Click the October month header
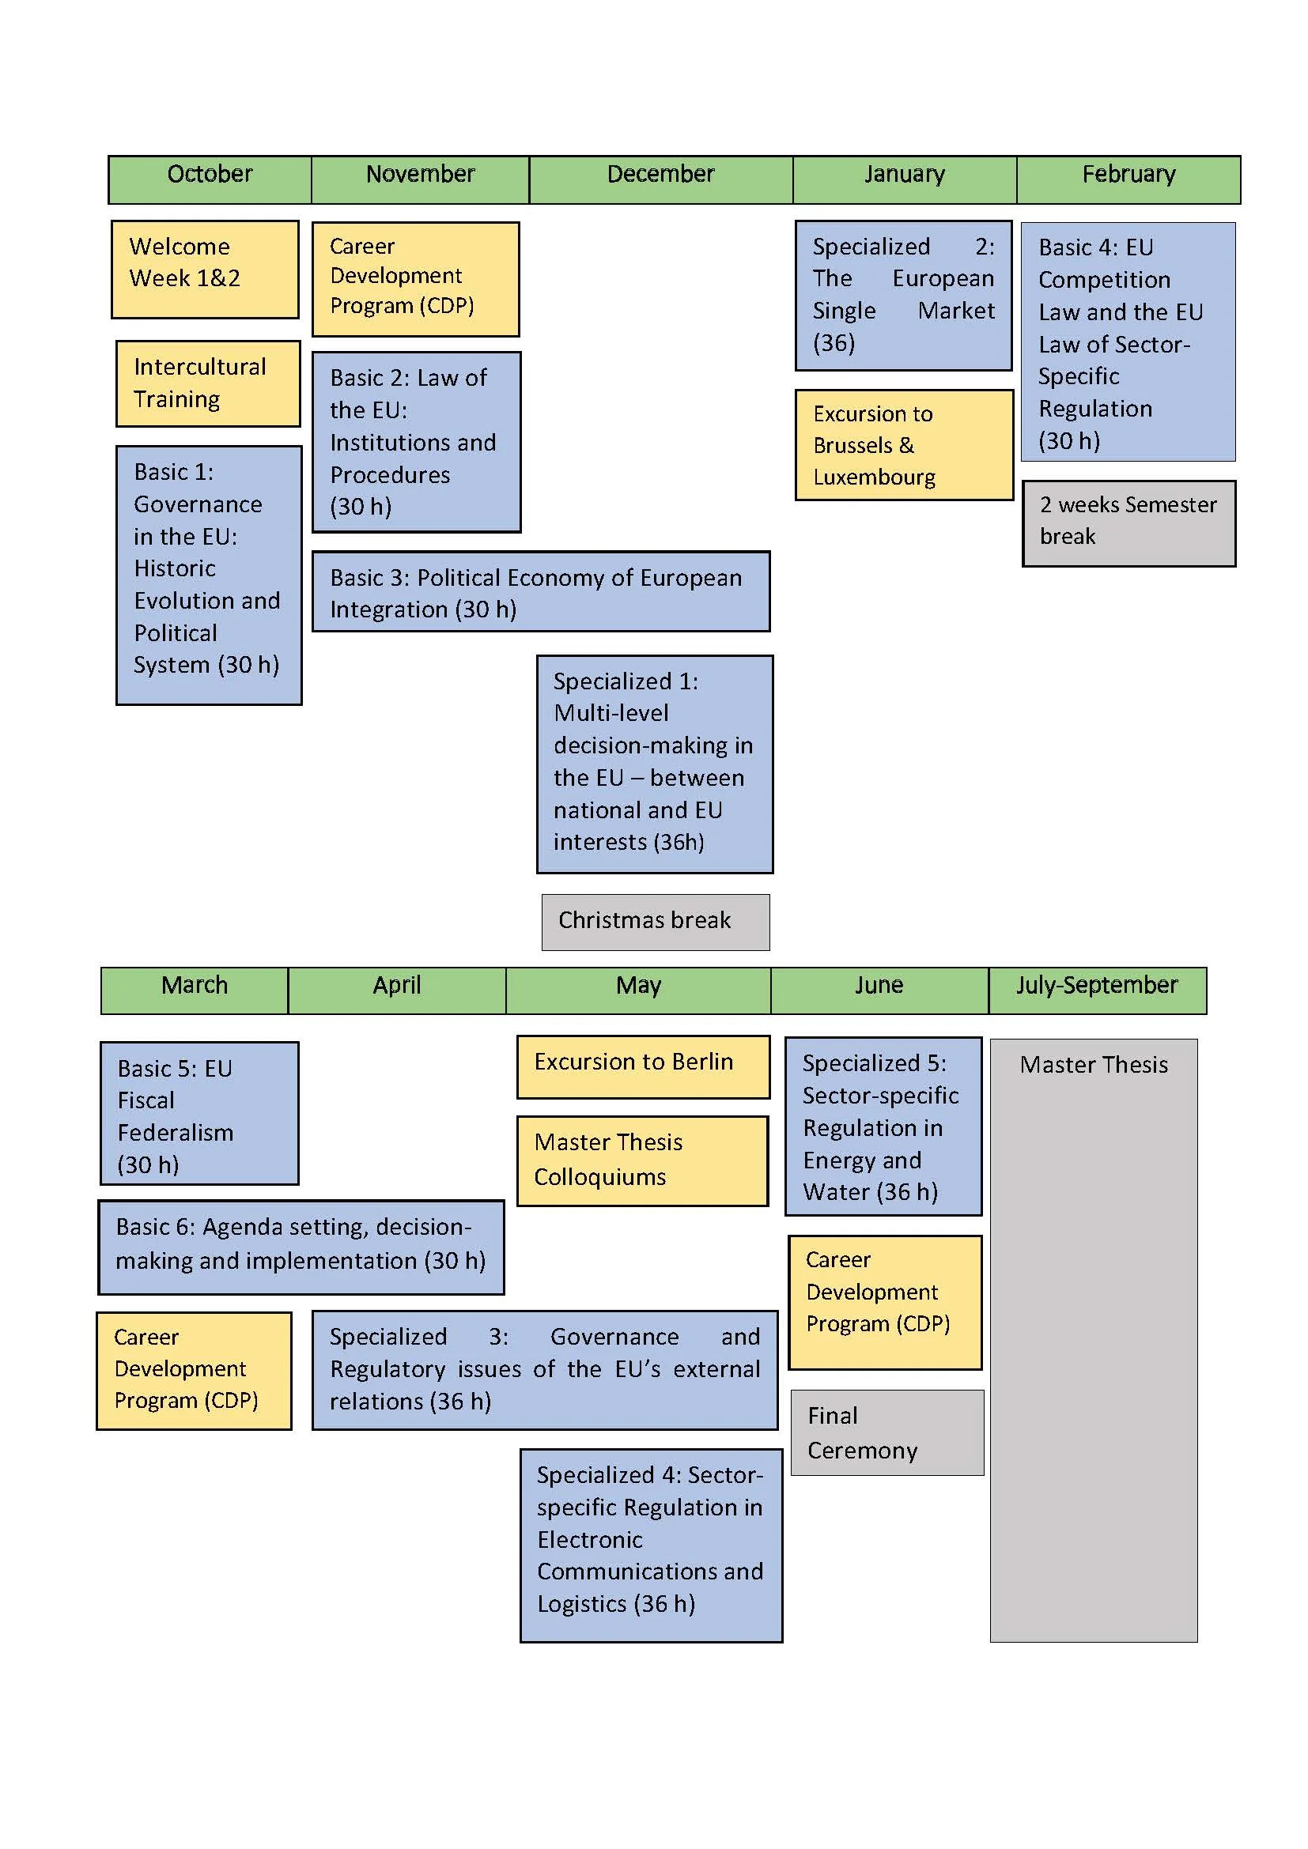tap(210, 179)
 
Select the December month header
tap(660, 179)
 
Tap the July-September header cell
tap(1096, 990)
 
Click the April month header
tap(396, 990)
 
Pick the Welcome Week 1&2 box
tap(205, 269)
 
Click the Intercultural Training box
tap(208, 383)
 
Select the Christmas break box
tap(655, 921)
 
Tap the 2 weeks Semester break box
tap(1128, 523)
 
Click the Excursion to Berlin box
tap(643, 1066)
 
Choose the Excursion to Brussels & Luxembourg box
tap(904, 444)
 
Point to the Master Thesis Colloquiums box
tap(642, 1160)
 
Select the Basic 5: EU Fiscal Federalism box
tap(199, 1113)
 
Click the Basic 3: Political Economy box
tap(540, 591)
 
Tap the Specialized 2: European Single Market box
tap(903, 295)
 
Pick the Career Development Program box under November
tap(416, 278)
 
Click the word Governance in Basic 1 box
tap(198, 504)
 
